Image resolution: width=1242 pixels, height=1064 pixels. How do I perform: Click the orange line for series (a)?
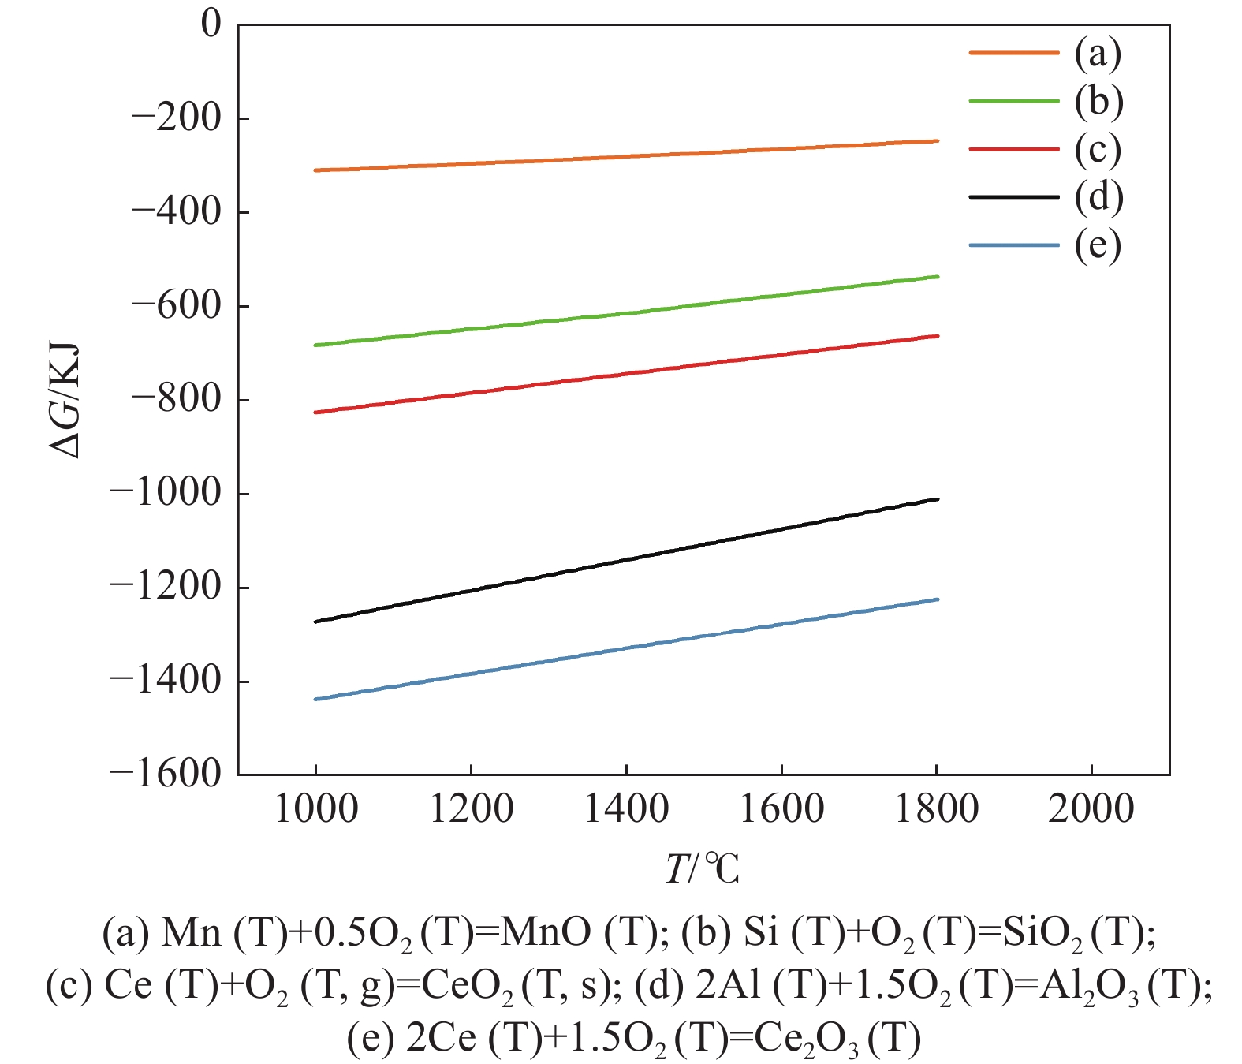coord(626,156)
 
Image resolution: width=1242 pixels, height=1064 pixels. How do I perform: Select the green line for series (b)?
coord(626,312)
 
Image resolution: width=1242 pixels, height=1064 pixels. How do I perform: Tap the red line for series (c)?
coord(626,375)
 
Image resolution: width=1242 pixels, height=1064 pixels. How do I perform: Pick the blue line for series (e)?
coord(626,649)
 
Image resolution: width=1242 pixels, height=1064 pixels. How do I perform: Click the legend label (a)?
coord(1098,53)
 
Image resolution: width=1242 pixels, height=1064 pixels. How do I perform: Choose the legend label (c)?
coord(1098,149)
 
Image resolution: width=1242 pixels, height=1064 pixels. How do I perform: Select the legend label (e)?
coord(1098,245)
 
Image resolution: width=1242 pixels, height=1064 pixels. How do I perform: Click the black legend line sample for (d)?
coord(1013,196)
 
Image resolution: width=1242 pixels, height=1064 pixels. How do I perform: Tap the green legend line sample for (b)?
coord(1013,101)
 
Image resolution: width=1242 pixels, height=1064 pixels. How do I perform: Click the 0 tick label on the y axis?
coord(211,24)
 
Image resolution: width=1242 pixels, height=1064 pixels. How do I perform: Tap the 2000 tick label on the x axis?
coord(1091,809)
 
